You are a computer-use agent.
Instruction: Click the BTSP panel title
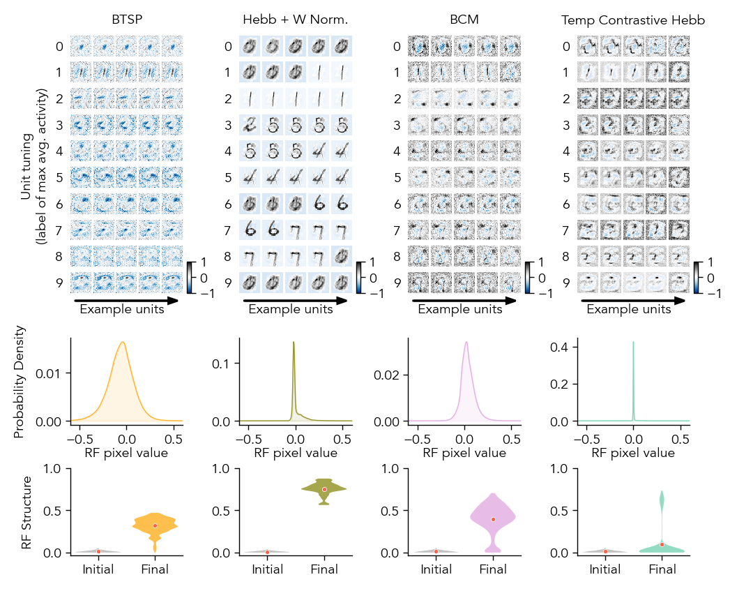click(x=127, y=20)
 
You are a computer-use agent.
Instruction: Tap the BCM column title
click(x=464, y=20)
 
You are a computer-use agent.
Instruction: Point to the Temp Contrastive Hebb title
click(x=633, y=21)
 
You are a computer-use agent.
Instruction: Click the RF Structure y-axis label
click(x=27, y=513)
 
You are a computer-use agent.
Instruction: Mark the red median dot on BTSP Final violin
click(x=155, y=525)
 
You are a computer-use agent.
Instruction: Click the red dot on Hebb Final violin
click(x=324, y=489)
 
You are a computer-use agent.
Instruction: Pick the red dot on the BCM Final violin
click(x=493, y=519)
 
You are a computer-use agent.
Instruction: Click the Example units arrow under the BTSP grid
click(x=126, y=301)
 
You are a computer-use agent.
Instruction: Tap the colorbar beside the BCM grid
click(x=531, y=278)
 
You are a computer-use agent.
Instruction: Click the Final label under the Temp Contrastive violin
click(x=662, y=569)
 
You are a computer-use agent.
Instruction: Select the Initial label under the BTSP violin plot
click(x=98, y=569)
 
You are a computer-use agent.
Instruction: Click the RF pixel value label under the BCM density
click(x=464, y=453)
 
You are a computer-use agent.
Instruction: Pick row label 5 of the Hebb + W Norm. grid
click(x=228, y=178)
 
